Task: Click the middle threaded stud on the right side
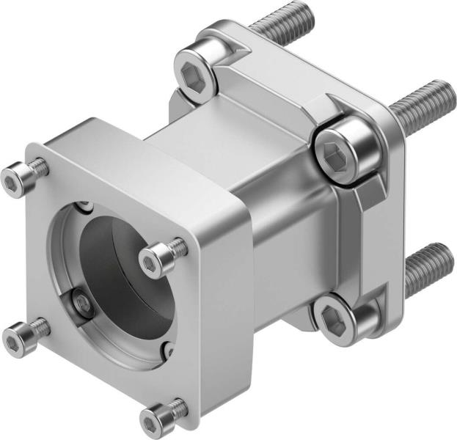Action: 425,103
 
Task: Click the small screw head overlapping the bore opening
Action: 156,258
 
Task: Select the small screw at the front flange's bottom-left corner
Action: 18,339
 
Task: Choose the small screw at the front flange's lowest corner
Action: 156,420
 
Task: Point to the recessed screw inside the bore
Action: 83,304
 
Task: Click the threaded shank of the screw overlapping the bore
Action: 177,246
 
